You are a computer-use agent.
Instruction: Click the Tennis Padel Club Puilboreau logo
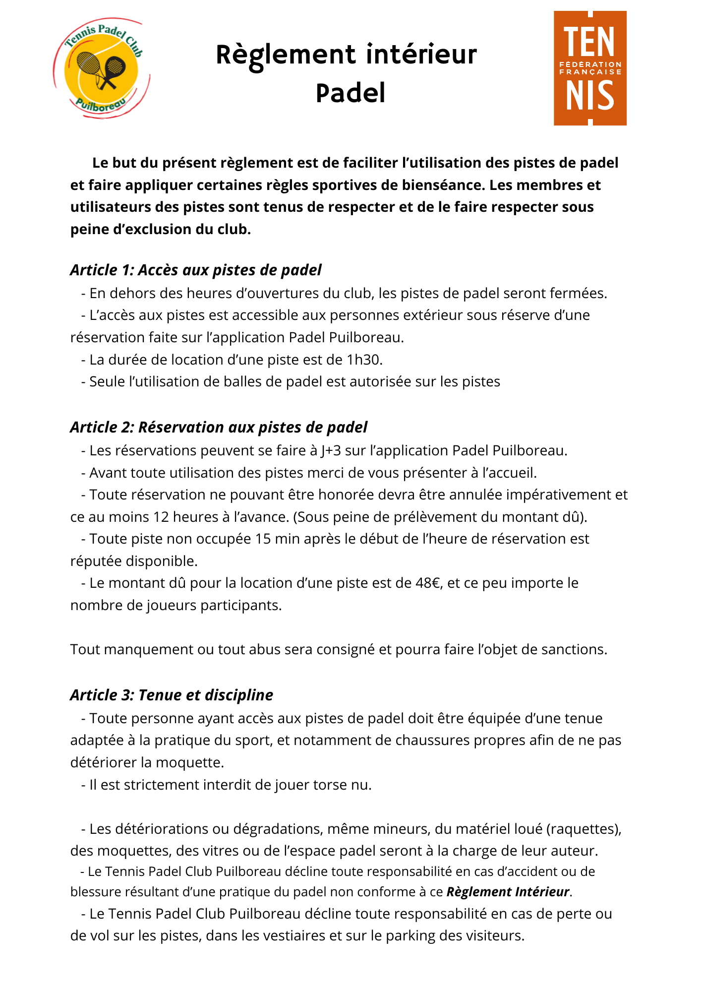(102, 68)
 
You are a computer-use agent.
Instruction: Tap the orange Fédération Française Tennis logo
(590, 68)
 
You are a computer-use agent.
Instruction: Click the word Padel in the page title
(350, 93)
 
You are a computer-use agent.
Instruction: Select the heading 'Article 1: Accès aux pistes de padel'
(196, 270)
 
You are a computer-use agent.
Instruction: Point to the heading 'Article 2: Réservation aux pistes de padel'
(219, 427)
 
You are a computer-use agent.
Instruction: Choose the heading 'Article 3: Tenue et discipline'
(172, 695)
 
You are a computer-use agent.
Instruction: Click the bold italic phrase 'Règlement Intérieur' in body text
(508, 892)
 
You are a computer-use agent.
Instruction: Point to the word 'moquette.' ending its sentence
(190, 762)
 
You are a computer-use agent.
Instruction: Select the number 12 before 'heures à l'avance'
(161, 517)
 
